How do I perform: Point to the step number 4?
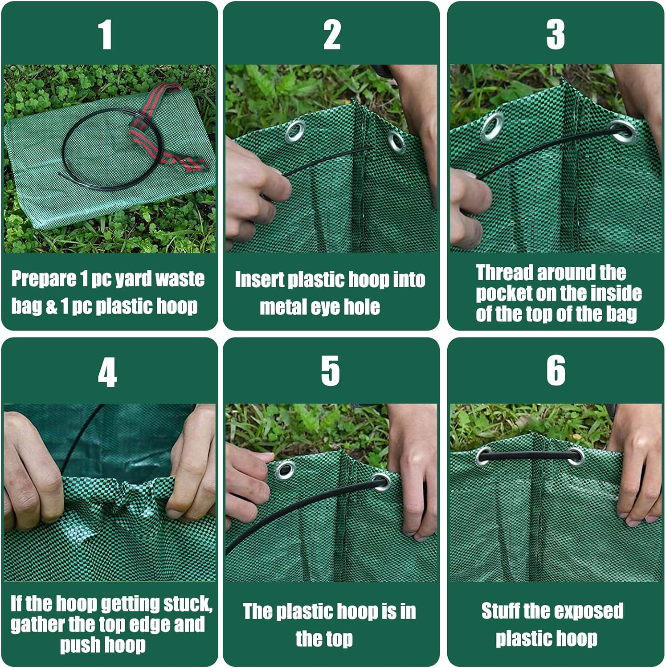pyautogui.click(x=107, y=372)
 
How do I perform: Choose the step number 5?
pyautogui.click(x=330, y=371)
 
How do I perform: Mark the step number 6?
pyautogui.click(x=556, y=371)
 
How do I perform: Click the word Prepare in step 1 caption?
pyautogui.click(x=44, y=279)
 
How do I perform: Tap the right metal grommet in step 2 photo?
pyautogui.click(x=396, y=142)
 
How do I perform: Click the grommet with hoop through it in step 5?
pyautogui.click(x=380, y=482)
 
